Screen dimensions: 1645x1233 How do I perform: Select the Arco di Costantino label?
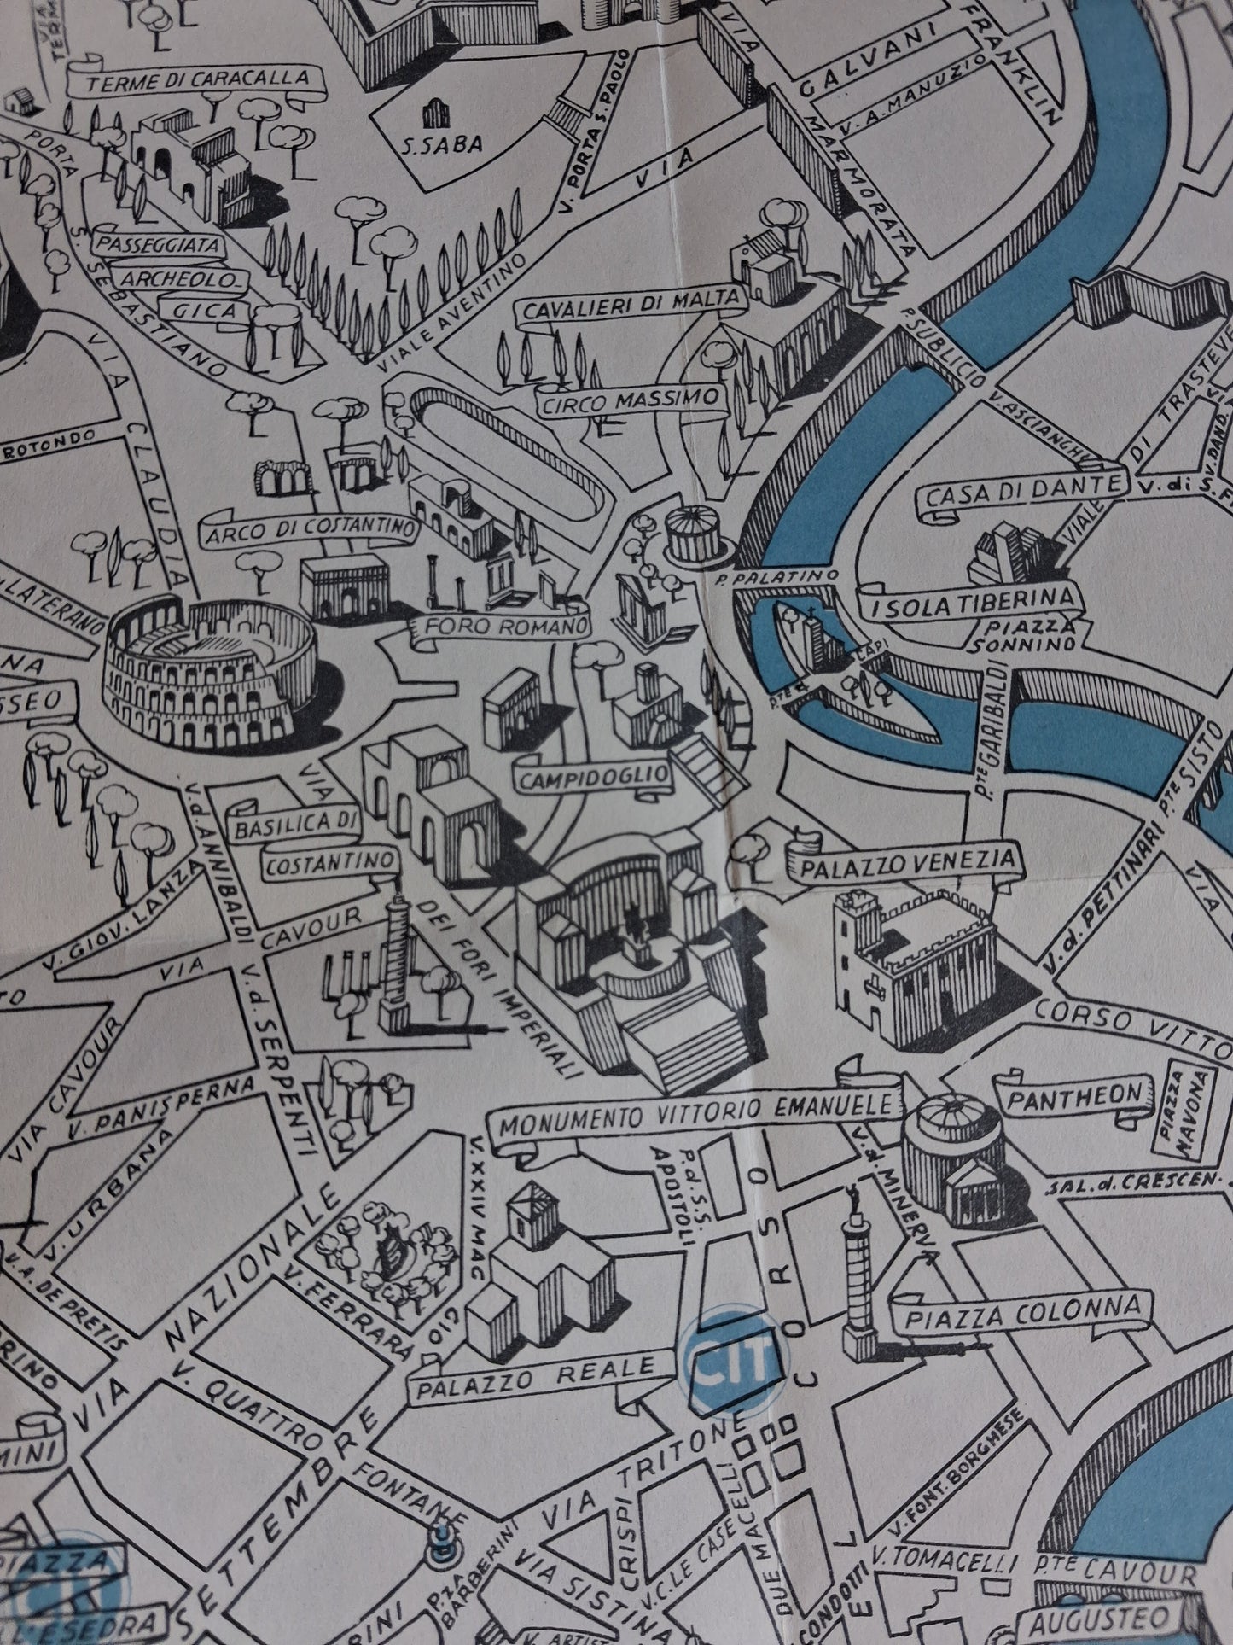(x=308, y=531)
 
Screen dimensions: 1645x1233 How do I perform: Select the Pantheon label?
(x=1078, y=1094)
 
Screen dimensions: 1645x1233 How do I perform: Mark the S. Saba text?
(x=442, y=143)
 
